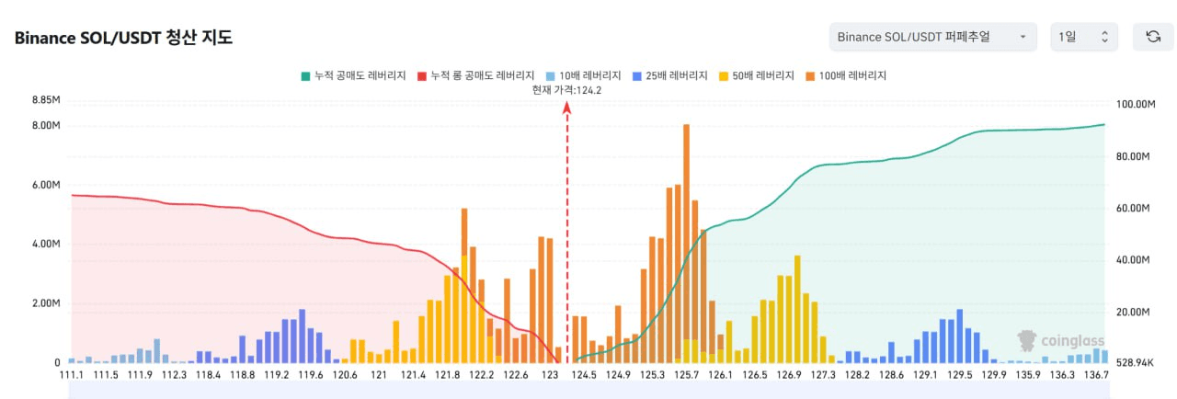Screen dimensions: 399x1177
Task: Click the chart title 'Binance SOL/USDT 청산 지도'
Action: [x=123, y=38]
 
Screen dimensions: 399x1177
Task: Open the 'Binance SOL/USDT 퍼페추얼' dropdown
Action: [x=932, y=37]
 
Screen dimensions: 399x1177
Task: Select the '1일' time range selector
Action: [x=1083, y=37]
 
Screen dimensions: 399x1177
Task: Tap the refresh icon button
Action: [x=1153, y=37]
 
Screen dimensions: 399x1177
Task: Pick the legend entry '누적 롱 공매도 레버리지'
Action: [x=476, y=75]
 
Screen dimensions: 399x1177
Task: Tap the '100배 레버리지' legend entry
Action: [x=845, y=75]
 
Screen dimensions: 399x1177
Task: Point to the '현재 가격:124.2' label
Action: [x=566, y=90]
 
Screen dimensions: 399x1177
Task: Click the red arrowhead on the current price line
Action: [x=566, y=108]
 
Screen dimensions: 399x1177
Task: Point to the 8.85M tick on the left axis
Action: [x=46, y=100]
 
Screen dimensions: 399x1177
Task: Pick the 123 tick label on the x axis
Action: [x=550, y=375]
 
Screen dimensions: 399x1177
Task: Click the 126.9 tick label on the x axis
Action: [x=789, y=375]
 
